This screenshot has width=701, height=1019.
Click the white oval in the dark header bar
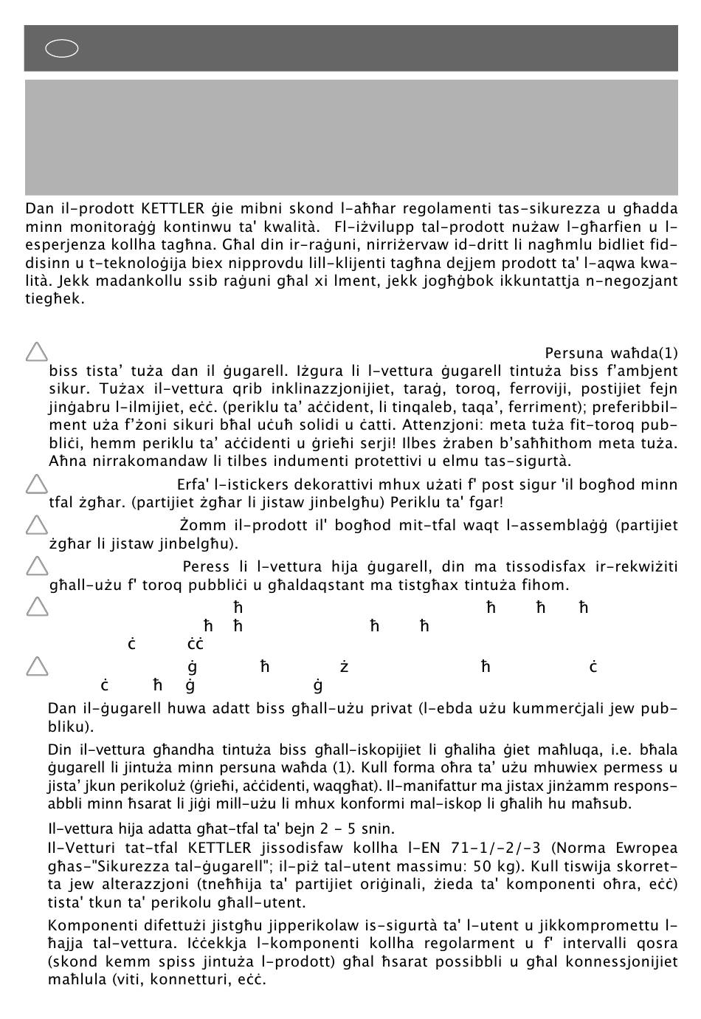62,49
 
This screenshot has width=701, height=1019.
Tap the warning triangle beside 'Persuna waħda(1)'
36,352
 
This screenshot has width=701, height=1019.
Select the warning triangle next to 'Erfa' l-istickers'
36,484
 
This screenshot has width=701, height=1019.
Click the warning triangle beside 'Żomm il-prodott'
36,525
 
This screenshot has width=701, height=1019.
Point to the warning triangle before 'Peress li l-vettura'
36,566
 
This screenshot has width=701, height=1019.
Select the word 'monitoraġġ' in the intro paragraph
102,226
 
